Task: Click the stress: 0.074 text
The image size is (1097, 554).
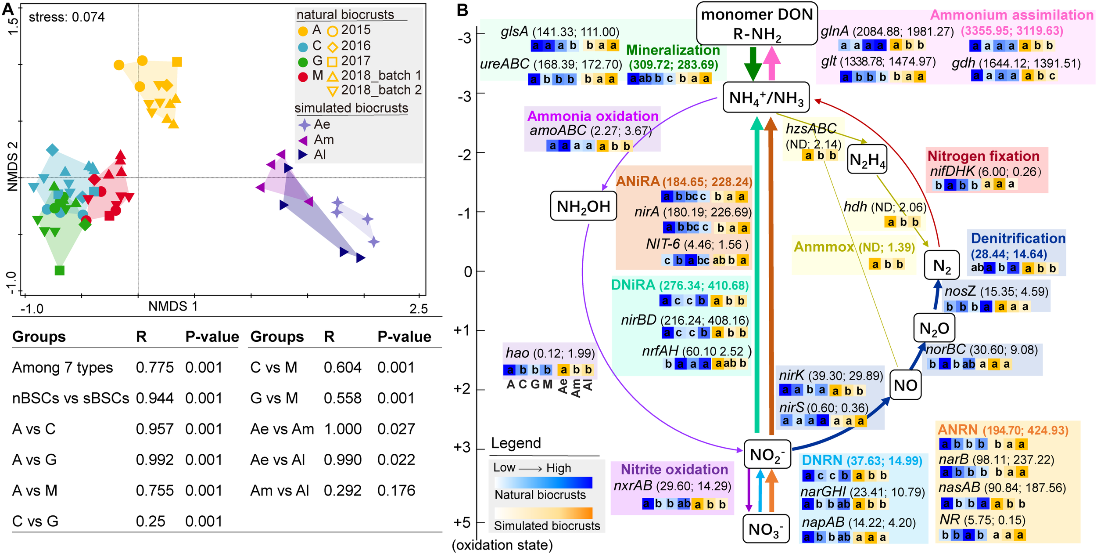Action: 67,17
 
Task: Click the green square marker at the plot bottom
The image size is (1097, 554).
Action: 60,270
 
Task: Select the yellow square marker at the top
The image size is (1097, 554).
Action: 177,62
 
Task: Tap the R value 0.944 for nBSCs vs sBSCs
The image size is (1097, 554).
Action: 154,398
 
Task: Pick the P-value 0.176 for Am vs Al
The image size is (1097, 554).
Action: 396,490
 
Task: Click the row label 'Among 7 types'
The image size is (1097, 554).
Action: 62,367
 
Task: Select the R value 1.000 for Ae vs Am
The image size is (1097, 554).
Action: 342,429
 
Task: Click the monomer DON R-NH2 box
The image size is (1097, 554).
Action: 756,24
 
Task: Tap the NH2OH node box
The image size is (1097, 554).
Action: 583,206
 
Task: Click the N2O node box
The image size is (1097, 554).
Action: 934,328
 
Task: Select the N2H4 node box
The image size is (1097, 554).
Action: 867,160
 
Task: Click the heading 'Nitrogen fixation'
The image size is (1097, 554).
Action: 983,156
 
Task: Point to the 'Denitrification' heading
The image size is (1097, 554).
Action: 1018,238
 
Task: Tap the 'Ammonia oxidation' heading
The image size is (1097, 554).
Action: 592,116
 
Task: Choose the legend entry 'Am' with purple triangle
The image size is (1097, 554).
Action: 323,140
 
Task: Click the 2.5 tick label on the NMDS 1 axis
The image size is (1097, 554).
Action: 418,309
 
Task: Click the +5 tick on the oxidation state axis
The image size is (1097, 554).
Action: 462,522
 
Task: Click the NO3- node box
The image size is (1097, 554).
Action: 765,529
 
